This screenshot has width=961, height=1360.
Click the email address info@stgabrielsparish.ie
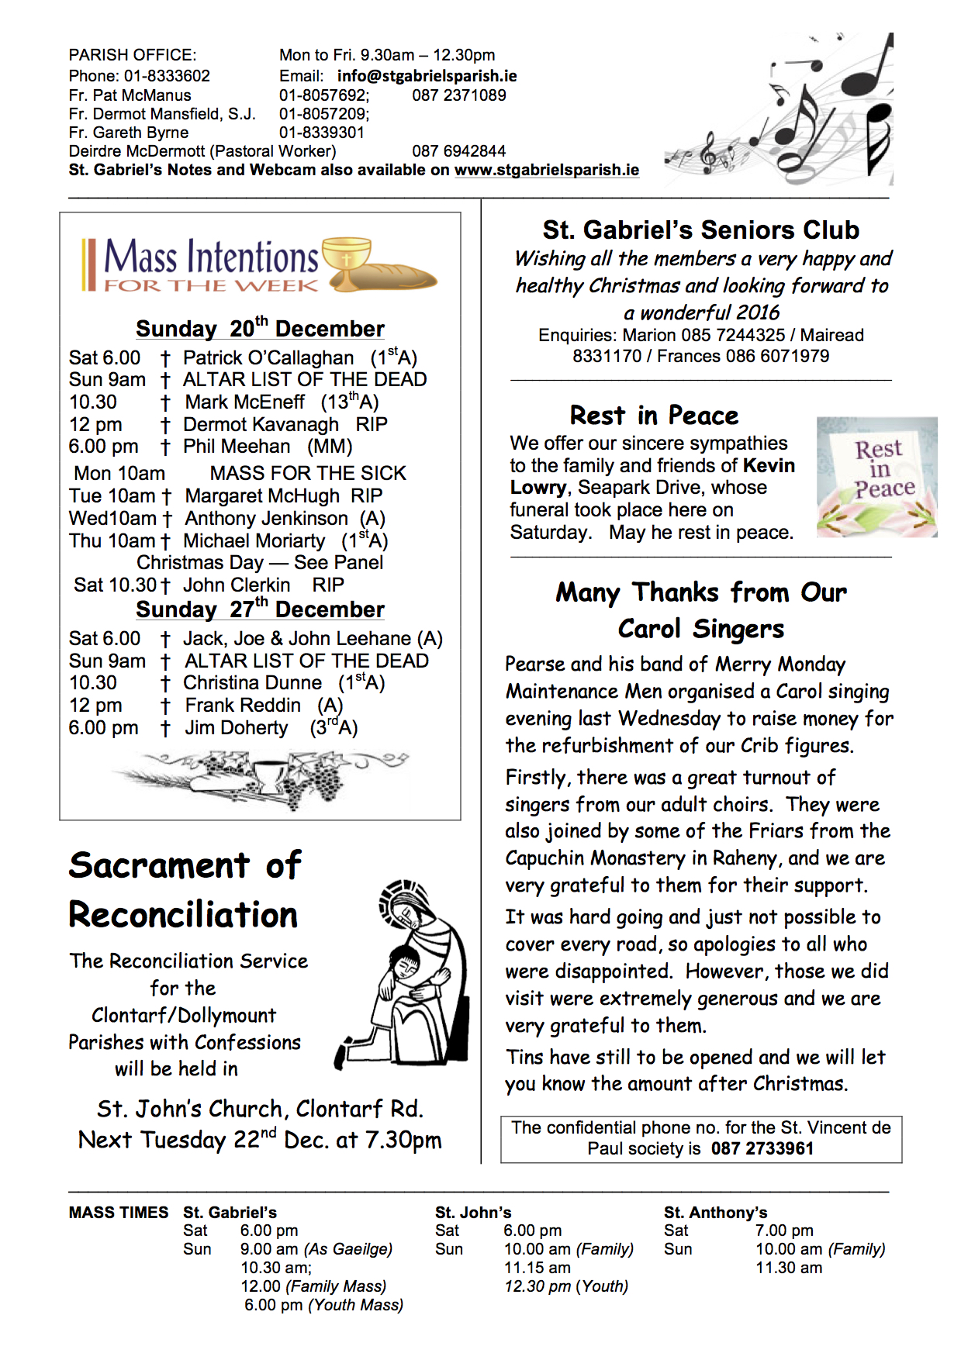427,76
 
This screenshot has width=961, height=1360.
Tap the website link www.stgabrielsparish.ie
546,170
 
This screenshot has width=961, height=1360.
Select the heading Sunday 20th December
260,329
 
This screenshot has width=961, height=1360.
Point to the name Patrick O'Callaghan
268,358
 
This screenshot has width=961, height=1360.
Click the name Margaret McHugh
262,496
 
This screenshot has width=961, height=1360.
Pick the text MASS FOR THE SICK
308,474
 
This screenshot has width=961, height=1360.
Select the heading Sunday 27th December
260,609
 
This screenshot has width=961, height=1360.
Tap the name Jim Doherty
236,728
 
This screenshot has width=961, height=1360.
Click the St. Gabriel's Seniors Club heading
700,230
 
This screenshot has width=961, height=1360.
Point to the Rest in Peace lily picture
876,478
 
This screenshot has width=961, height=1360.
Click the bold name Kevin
769,465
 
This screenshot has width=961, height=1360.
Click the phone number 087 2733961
762,1148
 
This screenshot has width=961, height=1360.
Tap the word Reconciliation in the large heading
183,915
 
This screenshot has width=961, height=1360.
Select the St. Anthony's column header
715,1213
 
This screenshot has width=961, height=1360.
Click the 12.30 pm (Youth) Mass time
565,1286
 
